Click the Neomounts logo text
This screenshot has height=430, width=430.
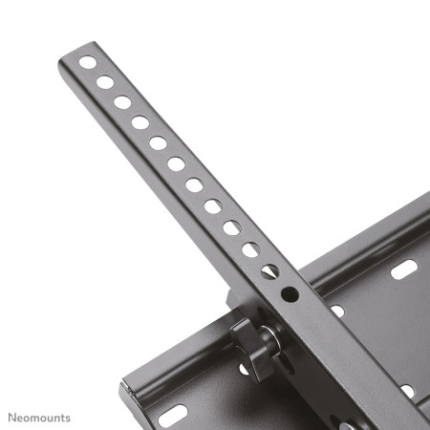pos(39,417)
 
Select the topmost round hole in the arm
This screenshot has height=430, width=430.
pos(87,63)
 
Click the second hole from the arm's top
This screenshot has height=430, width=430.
pos(105,82)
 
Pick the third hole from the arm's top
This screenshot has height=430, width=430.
pos(122,102)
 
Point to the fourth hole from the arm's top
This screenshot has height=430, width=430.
pos(140,122)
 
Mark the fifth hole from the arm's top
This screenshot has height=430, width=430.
pos(159,142)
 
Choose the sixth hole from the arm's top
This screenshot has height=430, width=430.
pos(177,163)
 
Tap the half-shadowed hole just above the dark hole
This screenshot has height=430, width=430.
pos(269,271)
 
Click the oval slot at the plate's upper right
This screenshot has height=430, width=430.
pos(402,270)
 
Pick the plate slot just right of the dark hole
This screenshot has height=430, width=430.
pos(336,311)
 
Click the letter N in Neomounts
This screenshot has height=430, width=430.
pos(12,417)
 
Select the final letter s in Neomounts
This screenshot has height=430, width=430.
pos(68,418)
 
